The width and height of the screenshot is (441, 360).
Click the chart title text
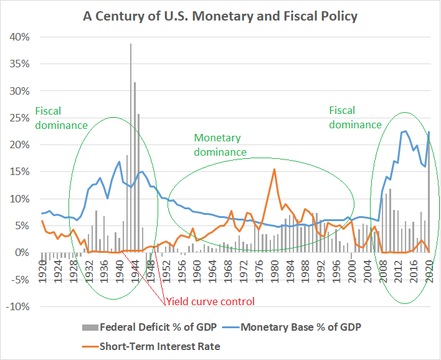pos(220,16)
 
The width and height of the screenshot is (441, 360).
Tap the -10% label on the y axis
pos(19,306)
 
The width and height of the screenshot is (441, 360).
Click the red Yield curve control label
pos(210,302)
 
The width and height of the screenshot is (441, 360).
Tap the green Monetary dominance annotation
pos(220,144)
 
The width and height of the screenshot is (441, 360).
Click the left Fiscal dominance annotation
pos(61,117)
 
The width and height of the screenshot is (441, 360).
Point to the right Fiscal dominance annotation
pos(355,117)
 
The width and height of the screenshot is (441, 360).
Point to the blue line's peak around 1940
pos(119,161)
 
